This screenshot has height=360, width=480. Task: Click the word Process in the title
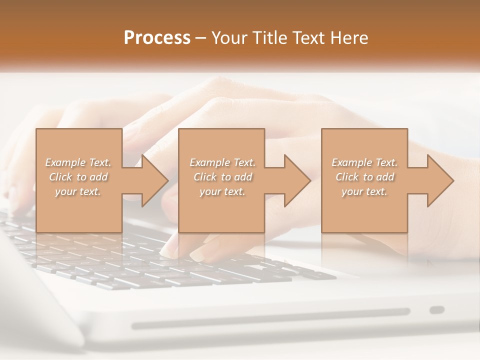tap(157, 38)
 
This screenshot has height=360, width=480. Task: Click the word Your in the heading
tap(228, 38)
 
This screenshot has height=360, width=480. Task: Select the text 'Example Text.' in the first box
tap(78, 162)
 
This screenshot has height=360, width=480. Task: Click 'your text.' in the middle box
tap(222, 191)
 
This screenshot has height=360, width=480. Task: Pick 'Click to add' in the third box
tap(364, 177)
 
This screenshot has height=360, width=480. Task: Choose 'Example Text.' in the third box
tap(364, 162)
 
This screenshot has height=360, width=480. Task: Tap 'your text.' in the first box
tap(78, 191)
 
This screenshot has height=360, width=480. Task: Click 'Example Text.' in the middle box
tap(222, 162)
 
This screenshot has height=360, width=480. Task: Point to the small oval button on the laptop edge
tap(437, 310)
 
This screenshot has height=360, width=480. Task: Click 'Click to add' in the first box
tap(78, 177)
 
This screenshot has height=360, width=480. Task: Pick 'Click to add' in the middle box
tap(222, 177)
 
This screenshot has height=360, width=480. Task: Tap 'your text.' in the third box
tap(364, 191)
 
